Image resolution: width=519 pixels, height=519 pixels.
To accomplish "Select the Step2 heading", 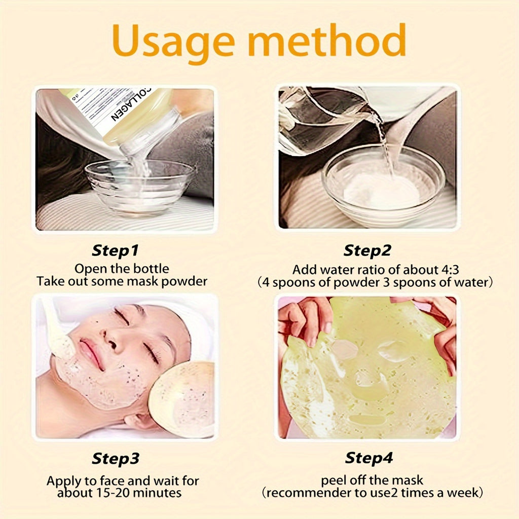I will point(368,250).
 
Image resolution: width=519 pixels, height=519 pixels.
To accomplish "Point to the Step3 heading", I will point(115,459).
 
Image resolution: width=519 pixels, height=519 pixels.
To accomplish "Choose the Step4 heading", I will point(368,459).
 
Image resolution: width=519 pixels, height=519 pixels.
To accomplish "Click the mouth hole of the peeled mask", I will point(367,420).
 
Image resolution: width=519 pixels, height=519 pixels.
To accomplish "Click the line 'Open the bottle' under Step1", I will point(121,269).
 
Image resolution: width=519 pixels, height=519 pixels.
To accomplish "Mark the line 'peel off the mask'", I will point(372,479).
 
